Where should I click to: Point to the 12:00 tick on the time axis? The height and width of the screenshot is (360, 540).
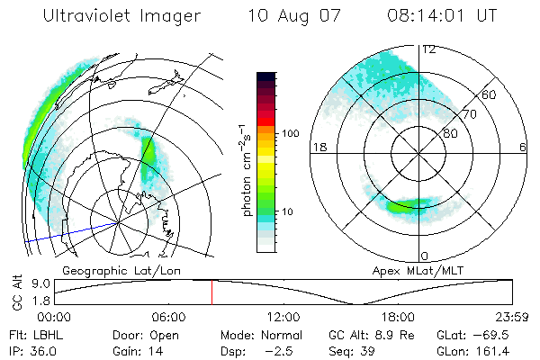tap(283, 318)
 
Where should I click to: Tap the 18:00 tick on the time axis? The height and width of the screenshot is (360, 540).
tap(398, 318)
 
